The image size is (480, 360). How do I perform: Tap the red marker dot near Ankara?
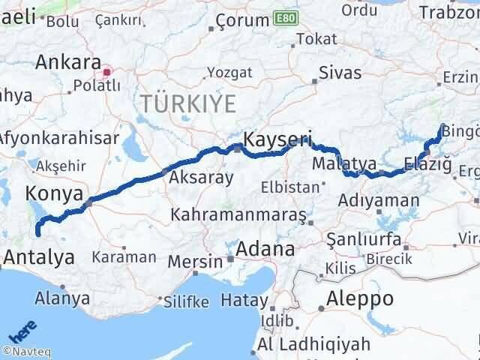click(107, 73)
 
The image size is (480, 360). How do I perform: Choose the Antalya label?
click(39, 258)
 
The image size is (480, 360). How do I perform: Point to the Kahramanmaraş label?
click(238, 215)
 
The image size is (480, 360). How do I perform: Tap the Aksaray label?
click(201, 178)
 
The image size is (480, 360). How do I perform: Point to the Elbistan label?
click(289, 186)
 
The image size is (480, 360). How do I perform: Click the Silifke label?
click(185, 301)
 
